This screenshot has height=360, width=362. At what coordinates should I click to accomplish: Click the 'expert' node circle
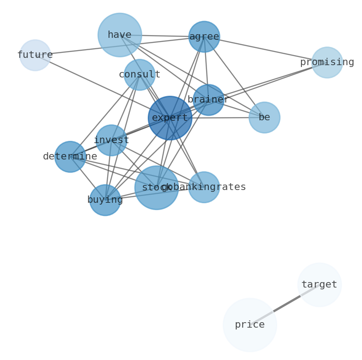170,118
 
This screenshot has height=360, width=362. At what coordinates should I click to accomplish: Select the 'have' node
119,35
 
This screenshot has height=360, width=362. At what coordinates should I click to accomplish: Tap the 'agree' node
204,36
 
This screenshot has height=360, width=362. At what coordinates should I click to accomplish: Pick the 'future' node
35,55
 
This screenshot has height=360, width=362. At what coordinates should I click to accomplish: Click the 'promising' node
326,62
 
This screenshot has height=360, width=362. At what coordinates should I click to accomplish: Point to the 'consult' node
139,74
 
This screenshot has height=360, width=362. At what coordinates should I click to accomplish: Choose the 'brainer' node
208,99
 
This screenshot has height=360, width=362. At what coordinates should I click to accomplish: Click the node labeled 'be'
264,117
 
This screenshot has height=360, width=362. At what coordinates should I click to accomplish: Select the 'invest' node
111,140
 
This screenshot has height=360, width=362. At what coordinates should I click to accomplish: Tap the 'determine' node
70,156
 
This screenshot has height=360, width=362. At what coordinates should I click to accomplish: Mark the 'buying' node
105,200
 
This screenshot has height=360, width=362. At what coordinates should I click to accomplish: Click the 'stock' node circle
156,187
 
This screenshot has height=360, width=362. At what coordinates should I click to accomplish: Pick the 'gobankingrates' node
203,187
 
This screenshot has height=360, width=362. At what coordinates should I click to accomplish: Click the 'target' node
319,284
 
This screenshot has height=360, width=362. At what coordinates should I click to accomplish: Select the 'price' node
249,324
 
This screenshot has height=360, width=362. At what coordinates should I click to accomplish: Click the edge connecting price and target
284,304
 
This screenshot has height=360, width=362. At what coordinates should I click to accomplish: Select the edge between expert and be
219,118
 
